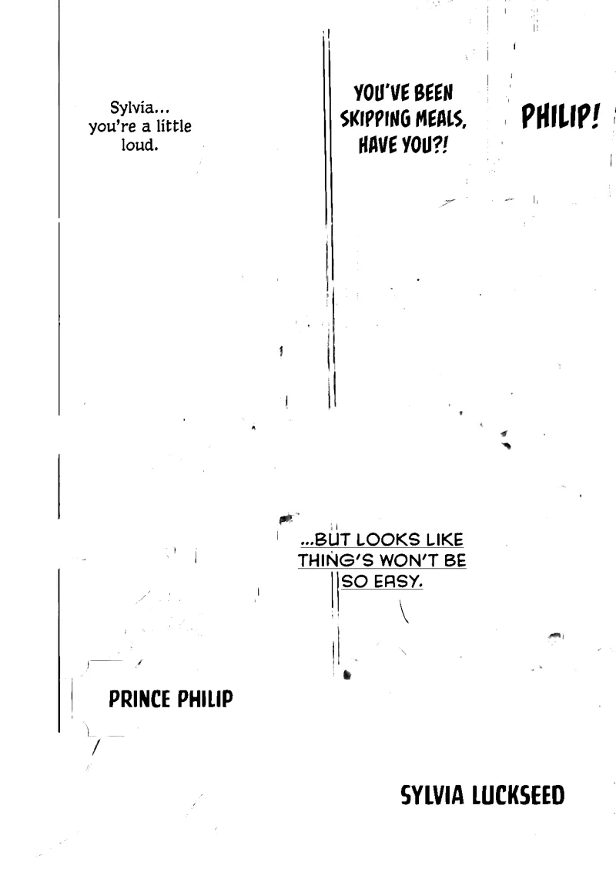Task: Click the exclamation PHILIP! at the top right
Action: pyautogui.click(x=561, y=116)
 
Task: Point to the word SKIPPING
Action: pyautogui.click(x=376, y=119)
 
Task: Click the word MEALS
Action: pyautogui.click(x=440, y=119)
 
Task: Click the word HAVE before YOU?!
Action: pyautogui.click(x=378, y=145)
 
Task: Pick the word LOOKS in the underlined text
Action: pyautogui.click(x=388, y=540)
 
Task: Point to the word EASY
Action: pyautogui.click(x=398, y=582)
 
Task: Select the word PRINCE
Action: pyautogui.click(x=139, y=699)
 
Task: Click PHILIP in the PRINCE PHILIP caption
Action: pyautogui.click(x=205, y=699)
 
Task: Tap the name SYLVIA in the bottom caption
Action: pyautogui.click(x=432, y=795)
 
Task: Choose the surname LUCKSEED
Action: pyautogui.click(x=518, y=795)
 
